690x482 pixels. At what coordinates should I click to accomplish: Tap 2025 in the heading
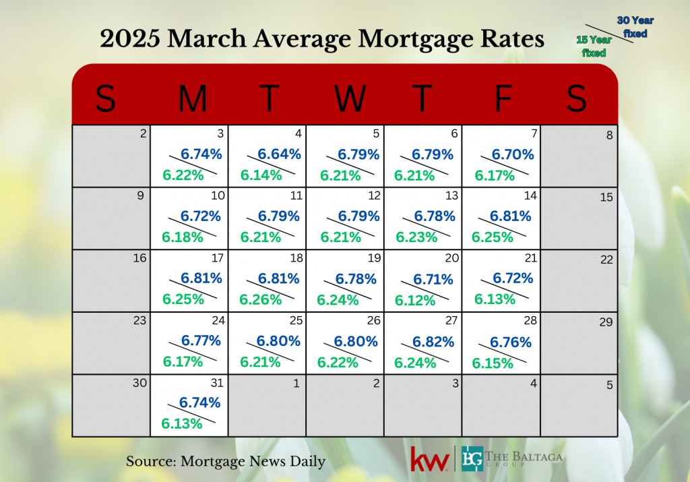coord(129,39)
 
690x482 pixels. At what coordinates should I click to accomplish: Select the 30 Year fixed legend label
coord(635,27)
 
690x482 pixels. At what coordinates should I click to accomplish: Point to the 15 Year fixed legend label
coord(594,46)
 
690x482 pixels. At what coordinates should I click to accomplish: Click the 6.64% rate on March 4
coord(279,154)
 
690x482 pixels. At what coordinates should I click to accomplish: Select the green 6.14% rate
coord(261,176)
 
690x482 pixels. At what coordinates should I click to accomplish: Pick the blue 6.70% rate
coord(513,154)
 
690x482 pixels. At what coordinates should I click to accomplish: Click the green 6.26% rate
coord(261,299)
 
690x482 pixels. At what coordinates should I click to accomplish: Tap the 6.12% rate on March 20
coord(415,301)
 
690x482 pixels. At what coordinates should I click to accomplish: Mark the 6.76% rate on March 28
coord(511,342)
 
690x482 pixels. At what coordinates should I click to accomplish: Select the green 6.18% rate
coord(182,237)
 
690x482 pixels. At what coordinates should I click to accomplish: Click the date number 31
coord(216,384)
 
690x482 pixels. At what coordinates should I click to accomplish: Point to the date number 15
coord(606,197)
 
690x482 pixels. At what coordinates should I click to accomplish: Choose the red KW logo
coord(430,460)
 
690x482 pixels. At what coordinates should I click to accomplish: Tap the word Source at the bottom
coord(148,462)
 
